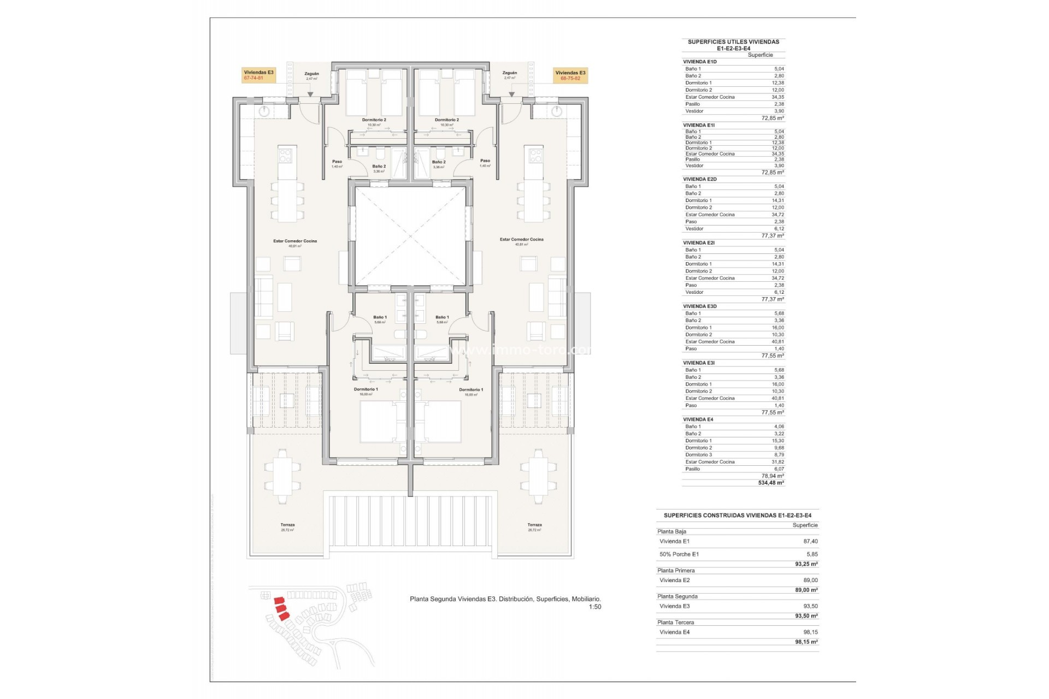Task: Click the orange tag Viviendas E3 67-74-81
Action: [258, 75]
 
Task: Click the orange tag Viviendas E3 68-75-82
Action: [570, 75]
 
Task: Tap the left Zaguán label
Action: [311, 74]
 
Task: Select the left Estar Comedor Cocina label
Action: [295, 241]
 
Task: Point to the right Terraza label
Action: [534, 525]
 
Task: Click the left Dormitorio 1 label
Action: [366, 390]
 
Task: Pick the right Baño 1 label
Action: [442, 317]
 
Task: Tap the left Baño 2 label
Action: [379, 167]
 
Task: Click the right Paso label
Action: [485, 161]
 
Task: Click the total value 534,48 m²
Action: [771, 483]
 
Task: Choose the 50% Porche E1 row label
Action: [679, 554]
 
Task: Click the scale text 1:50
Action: [594, 607]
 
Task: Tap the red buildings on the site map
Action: [281, 608]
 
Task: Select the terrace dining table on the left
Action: [282, 476]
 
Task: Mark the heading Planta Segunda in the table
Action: [677, 596]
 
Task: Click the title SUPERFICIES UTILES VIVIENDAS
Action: [733, 42]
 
